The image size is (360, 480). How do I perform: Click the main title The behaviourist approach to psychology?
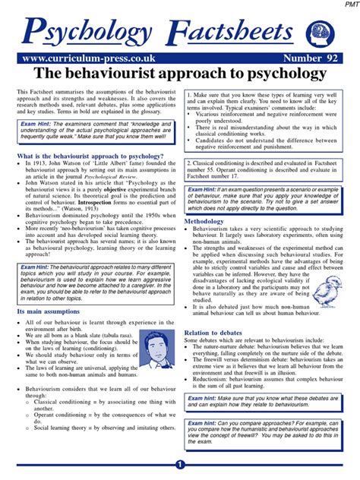coord(180,74)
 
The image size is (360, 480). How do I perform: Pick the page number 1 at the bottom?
coord(180,465)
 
